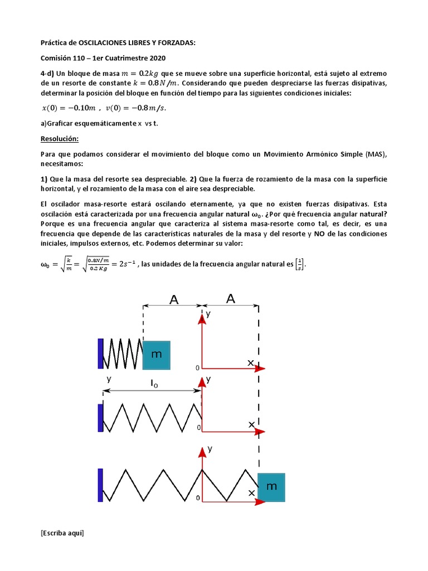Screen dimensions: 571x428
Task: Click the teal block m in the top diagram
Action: point(157,355)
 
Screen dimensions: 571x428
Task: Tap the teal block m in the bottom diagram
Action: point(271,487)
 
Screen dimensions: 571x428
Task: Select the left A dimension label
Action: point(174,300)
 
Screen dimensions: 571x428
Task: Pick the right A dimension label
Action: point(231,299)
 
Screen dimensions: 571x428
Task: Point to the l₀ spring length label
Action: point(154,384)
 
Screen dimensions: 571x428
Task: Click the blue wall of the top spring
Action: point(100,353)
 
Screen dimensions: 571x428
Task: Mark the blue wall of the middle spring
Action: point(100,418)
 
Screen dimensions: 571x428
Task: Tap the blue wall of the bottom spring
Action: point(100,485)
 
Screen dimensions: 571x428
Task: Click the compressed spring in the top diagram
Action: point(123,354)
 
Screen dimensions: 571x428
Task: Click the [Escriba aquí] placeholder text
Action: point(62,533)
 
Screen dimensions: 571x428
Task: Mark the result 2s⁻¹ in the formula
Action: point(122,264)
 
